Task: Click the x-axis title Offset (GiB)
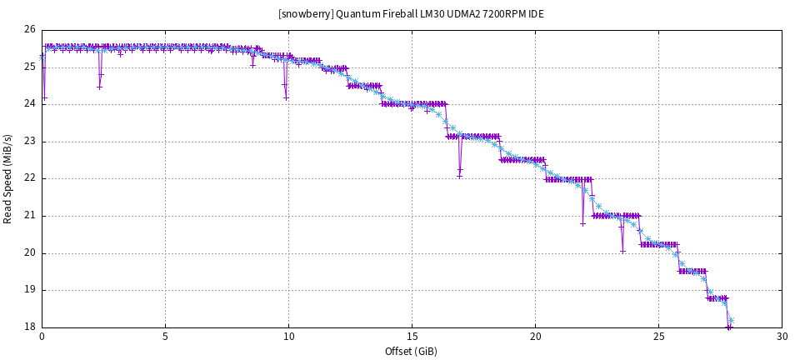point(412,351)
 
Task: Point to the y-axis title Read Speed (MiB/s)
point(8,178)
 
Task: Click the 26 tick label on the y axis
point(30,30)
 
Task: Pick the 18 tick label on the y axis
point(30,327)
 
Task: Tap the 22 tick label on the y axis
point(30,178)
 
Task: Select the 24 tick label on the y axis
point(30,104)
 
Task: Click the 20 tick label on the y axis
point(30,253)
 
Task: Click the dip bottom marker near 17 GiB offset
point(459,176)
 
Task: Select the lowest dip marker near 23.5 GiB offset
point(622,251)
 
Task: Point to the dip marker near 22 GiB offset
point(583,223)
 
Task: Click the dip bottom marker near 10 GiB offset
point(286,98)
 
